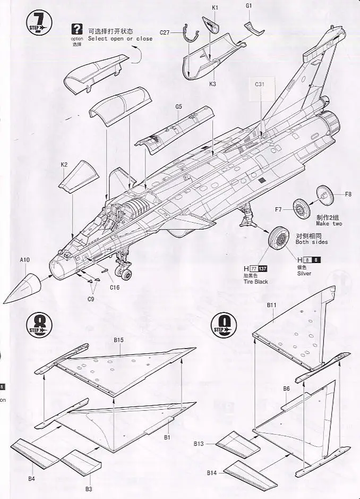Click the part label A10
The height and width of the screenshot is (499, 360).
(x=25, y=260)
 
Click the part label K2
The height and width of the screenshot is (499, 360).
(x=64, y=165)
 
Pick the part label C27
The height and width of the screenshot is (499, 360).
(x=165, y=32)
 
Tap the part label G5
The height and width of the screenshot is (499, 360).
(x=178, y=107)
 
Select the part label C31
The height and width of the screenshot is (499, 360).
(x=260, y=84)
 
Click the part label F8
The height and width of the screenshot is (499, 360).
(x=348, y=194)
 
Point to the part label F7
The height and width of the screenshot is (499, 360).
(x=278, y=209)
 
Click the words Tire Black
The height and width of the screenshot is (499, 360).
(x=256, y=282)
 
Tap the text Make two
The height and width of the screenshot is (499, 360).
(x=329, y=224)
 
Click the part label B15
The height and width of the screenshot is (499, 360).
(x=118, y=340)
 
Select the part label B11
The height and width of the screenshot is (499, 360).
(x=271, y=305)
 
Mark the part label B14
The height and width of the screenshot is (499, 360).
(x=212, y=472)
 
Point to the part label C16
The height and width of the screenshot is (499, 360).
(x=115, y=287)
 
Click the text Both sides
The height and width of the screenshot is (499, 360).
(x=312, y=242)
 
